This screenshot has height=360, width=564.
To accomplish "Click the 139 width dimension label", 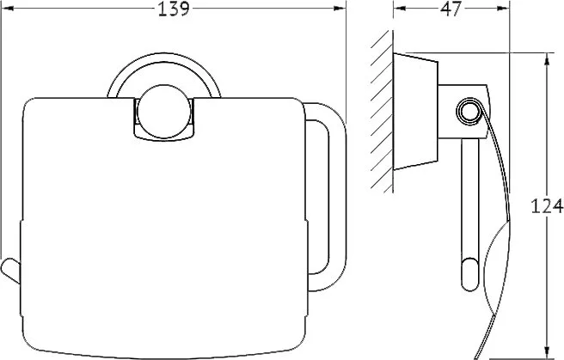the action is [x=174, y=9].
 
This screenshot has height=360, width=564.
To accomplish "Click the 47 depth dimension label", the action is [x=451, y=9].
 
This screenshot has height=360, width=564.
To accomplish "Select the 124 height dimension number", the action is [x=547, y=206].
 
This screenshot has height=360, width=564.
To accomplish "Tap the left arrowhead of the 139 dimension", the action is [x=7, y=9].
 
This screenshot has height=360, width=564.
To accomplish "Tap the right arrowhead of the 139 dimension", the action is [x=340, y=9].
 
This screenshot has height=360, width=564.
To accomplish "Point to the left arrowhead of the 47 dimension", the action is [x=399, y=9].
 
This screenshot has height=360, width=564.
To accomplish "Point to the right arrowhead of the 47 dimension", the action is [x=503, y=9].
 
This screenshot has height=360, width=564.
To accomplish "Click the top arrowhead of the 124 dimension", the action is [x=547, y=59].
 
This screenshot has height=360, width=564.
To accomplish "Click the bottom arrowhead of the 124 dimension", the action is [x=547, y=351].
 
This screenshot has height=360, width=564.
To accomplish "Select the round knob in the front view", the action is [x=164, y=112].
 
